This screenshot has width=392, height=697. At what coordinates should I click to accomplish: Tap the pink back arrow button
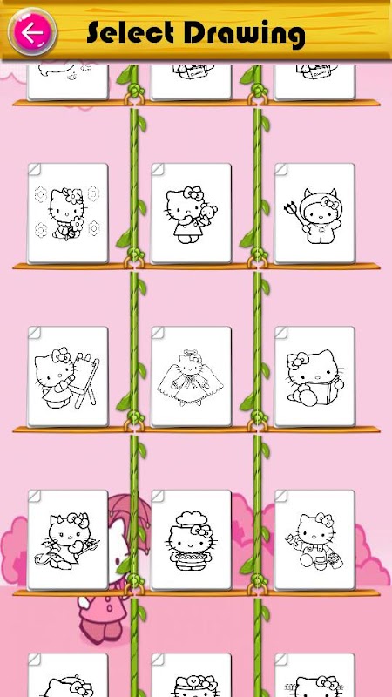click(32, 33)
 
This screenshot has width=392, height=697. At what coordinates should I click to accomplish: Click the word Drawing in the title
click(244, 33)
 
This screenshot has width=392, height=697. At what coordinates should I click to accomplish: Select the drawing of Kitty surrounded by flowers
click(68, 213)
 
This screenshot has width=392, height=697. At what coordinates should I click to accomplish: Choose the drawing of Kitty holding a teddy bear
click(191, 213)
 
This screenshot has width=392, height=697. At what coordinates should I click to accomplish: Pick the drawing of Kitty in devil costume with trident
click(314, 213)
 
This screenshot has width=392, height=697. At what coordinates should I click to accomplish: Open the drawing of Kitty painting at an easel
click(68, 376)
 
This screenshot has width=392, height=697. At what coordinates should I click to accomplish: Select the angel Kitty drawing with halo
click(191, 376)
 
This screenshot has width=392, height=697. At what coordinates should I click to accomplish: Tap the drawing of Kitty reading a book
click(314, 376)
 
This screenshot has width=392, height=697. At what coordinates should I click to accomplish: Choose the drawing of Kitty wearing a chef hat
click(191, 539)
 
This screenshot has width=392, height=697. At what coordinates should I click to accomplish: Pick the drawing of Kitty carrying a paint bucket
click(314, 539)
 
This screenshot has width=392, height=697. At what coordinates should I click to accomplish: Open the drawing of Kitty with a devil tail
click(68, 539)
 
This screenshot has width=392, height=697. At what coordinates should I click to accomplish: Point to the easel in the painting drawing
click(85, 379)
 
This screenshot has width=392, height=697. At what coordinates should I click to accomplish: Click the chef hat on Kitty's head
click(192, 519)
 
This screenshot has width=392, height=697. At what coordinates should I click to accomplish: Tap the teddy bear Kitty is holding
click(208, 213)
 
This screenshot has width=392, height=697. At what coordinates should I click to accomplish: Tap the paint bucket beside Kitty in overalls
click(335, 560)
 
